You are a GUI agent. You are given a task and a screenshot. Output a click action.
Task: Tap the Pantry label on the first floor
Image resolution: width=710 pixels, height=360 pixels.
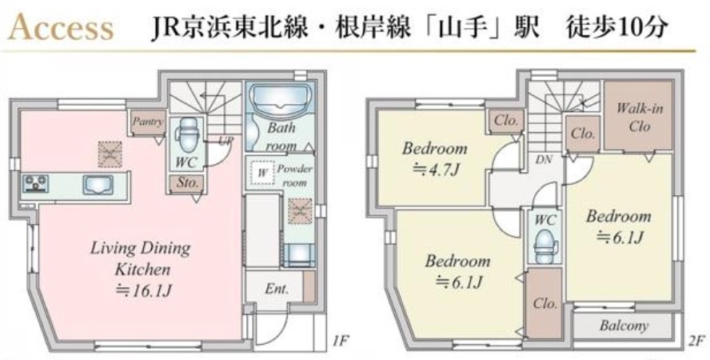coord(148,122)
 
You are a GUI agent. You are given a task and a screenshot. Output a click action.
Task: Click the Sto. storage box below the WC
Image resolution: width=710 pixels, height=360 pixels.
coord(189,182)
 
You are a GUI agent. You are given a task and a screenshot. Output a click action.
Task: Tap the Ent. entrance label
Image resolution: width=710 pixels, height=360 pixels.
coord(277,288)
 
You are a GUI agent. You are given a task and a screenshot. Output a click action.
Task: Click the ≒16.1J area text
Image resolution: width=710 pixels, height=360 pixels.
coord(140,290)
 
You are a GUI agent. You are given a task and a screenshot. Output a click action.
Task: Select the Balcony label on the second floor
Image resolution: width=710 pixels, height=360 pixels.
coord(624,326)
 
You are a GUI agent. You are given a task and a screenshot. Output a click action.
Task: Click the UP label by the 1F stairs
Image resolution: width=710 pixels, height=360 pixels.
coord(226,139)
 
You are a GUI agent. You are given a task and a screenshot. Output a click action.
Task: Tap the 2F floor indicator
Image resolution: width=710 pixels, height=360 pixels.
coord(696,342)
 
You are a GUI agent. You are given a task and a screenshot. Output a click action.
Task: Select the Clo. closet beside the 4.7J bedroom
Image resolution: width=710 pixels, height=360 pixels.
coord(506,122)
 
